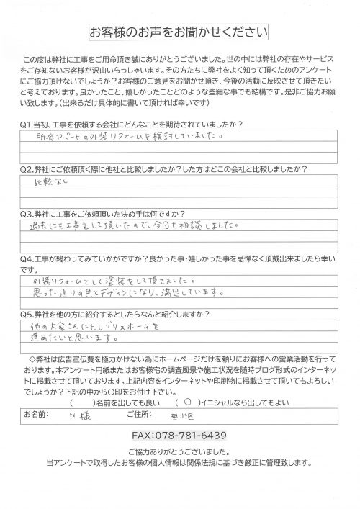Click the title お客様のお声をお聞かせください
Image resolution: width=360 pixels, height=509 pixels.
click(x=179, y=33)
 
